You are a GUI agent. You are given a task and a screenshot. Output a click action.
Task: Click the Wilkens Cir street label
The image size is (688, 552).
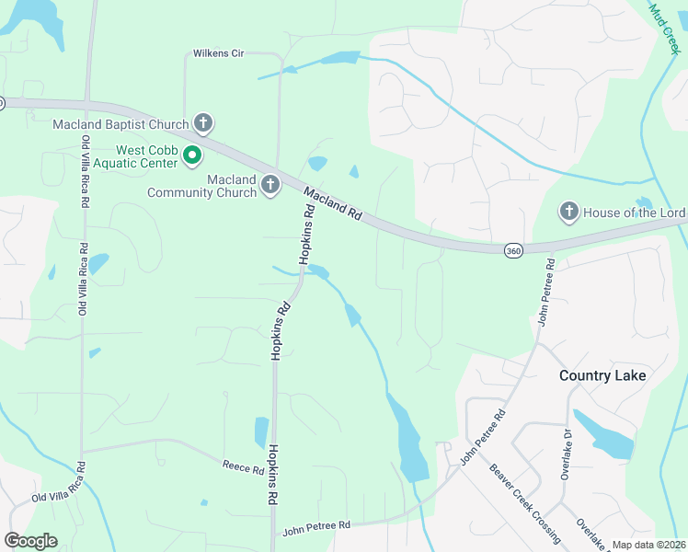pyautogui.click(x=218, y=53)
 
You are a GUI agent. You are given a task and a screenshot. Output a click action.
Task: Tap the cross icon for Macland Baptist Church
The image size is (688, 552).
pyautogui.click(x=203, y=123)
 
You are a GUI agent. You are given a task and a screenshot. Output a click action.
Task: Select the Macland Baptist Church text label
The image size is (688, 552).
pyautogui.click(x=120, y=124)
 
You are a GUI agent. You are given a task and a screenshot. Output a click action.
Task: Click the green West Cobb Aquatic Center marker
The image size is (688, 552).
pyautogui.click(x=192, y=155)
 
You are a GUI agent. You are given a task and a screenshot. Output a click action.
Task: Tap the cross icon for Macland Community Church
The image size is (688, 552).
pyautogui.click(x=270, y=185)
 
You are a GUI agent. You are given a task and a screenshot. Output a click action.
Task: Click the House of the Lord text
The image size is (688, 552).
pyautogui.click(x=634, y=213)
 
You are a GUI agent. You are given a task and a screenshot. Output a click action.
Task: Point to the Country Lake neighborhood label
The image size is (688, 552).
pyautogui.click(x=602, y=375)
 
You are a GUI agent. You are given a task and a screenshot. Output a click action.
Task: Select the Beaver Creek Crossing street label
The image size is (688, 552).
pyautogui.click(x=525, y=501)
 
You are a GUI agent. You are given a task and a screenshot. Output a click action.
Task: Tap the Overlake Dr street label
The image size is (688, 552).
pyautogui.click(x=567, y=454)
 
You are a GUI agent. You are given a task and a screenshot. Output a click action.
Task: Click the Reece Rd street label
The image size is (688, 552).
pyautogui.click(x=244, y=466)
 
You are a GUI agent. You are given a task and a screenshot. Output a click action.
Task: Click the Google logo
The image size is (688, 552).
pyautogui.click(x=31, y=540)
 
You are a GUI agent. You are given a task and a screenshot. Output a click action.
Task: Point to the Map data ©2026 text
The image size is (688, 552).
pyautogui.click(x=648, y=545)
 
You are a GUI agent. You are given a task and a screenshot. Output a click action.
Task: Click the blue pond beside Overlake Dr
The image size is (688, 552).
pyautogui.click(x=602, y=435)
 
